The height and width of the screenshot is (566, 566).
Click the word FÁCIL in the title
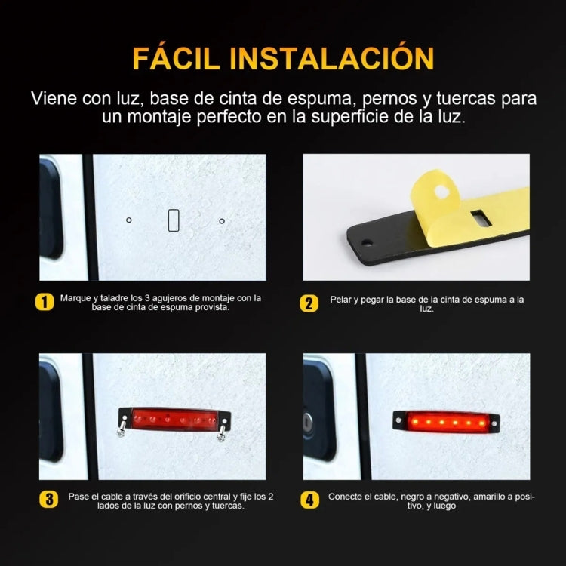pyautogui.click(x=176, y=57)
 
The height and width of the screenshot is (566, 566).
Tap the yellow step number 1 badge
pyautogui.click(x=45, y=302)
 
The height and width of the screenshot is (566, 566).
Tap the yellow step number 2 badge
pyautogui.click(x=309, y=303)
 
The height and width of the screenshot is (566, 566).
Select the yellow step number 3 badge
pyautogui.click(x=49, y=500)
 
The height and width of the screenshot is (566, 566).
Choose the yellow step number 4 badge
pyautogui.click(x=309, y=500)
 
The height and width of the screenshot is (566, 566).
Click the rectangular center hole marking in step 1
pyautogui.click(x=174, y=220)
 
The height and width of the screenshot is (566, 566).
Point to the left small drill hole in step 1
pyautogui.click(x=129, y=220)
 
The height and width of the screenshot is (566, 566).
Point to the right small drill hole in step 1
pyautogui.click(x=222, y=221)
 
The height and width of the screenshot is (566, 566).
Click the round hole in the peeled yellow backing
pyautogui.click(x=441, y=192)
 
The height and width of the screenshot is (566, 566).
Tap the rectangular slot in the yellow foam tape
pyautogui.click(x=481, y=218)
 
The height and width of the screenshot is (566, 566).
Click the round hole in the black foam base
pyautogui.click(x=367, y=242)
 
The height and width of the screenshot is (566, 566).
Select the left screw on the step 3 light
pyautogui.click(x=122, y=427)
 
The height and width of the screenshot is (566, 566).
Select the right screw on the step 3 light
pyautogui.click(x=221, y=432)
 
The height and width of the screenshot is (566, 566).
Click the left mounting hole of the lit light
pyautogui.click(x=398, y=420)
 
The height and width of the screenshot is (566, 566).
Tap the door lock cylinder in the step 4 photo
pyautogui.click(x=308, y=421)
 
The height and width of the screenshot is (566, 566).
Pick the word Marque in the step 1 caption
pyautogui.click(x=75, y=299)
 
